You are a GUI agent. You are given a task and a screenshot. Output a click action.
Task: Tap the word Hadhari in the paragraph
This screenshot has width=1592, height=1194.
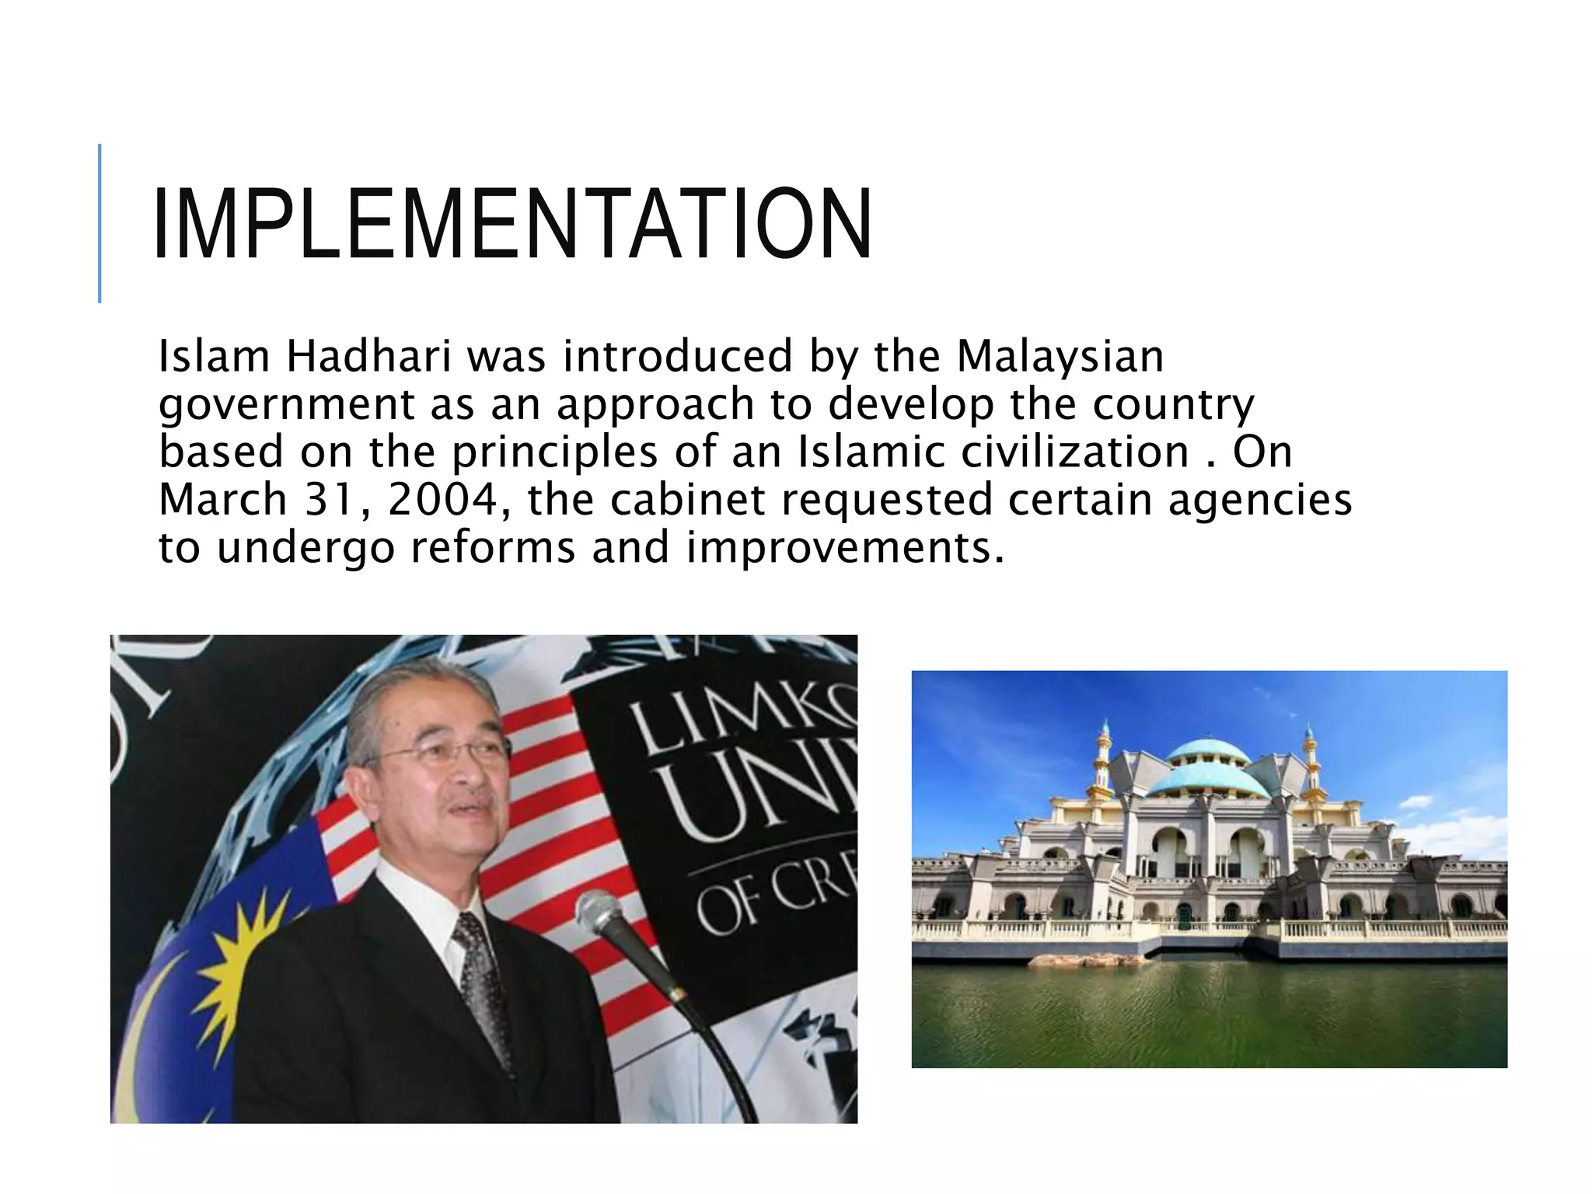click(368, 356)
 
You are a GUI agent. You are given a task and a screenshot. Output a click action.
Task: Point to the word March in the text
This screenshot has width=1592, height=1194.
click(223, 500)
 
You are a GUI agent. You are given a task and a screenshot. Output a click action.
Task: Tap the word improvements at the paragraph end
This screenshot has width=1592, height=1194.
click(843, 547)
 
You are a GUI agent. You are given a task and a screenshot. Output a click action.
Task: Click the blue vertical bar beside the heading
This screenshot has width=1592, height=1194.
click(99, 223)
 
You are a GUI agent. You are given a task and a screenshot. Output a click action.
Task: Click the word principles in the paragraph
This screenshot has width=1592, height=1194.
click(555, 452)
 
